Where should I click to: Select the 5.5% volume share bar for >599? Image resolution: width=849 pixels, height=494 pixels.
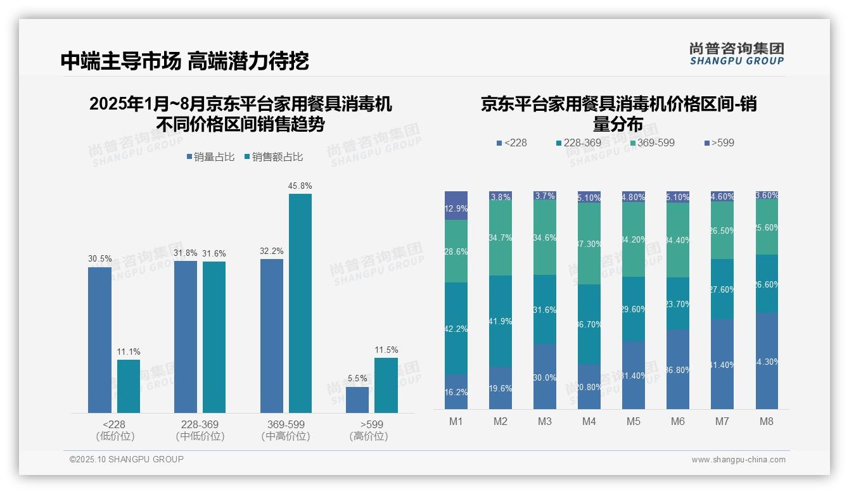357,400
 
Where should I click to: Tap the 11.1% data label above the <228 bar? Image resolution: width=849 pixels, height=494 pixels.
129,351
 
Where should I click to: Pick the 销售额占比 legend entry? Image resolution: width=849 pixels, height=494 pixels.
273,157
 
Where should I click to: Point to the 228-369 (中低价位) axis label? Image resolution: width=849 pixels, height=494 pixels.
200,430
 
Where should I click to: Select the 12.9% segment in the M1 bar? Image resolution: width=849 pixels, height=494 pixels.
456,206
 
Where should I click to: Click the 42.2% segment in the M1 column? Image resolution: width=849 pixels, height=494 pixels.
456,328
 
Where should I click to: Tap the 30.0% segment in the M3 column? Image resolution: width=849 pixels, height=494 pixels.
545,376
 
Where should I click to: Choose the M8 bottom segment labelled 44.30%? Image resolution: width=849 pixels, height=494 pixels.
767,360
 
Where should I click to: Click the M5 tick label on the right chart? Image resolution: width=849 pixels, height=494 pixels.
633,421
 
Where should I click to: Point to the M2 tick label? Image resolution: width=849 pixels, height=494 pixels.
501,421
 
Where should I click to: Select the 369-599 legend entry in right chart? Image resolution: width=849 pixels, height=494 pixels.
652,142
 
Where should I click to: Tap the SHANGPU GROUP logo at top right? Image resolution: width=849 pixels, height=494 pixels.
736,54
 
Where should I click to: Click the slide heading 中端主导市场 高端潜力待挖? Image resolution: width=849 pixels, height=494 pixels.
184,61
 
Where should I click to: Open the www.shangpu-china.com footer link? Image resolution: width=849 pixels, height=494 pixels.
738,460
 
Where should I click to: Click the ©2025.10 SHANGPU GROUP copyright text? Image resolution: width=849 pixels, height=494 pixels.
127,459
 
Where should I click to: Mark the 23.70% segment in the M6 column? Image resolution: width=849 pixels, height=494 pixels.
677,303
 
